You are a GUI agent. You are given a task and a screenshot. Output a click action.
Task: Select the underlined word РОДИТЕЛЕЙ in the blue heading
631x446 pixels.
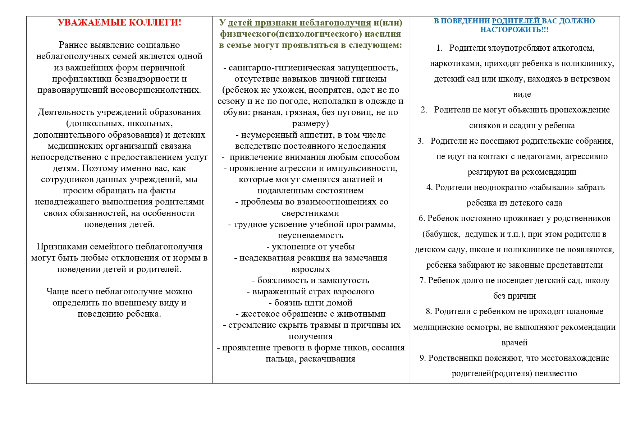point(516,21)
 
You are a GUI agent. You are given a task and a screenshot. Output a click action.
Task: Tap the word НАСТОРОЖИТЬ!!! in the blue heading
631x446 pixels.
point(514,30)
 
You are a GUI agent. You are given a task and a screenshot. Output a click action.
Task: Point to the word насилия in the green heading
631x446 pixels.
point(383,34)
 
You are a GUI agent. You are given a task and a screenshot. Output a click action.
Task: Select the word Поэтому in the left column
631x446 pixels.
point(99,169)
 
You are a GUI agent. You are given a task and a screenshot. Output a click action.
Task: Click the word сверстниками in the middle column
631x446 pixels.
point(310,213)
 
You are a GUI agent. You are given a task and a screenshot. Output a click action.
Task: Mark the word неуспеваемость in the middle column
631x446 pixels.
point(310,236)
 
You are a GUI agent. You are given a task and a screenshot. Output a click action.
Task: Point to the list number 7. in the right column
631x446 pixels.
point(422,281)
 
